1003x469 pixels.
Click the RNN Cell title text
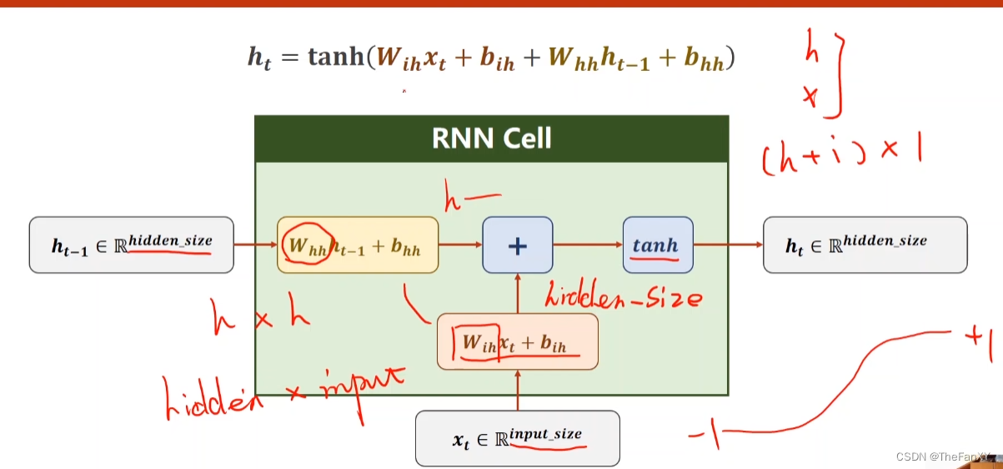click(491, 138)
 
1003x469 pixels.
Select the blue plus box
click(517, 245)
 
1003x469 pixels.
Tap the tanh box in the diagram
click(657, 245)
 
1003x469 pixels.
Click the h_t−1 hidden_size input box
click(132, 245)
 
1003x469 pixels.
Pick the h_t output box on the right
click(865, 245)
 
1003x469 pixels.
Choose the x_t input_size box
click(517, 438)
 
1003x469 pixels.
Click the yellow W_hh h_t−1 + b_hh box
click(357, 245)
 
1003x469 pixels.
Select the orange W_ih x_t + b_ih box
click(517, 341)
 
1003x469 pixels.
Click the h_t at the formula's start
click(259, 58)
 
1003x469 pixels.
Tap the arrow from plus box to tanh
click(588, 245)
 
